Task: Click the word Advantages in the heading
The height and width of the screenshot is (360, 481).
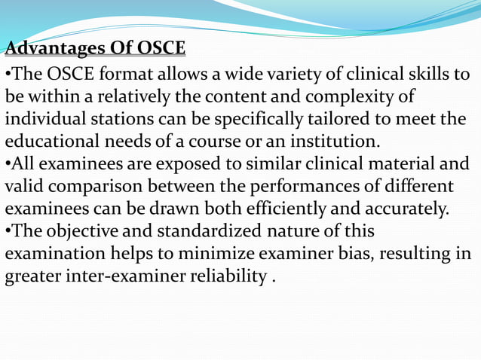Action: click(x=54, y=49)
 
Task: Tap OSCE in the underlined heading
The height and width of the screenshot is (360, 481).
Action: click(x=158, y=49)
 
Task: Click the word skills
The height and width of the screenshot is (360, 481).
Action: click(x=426, y=76)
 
